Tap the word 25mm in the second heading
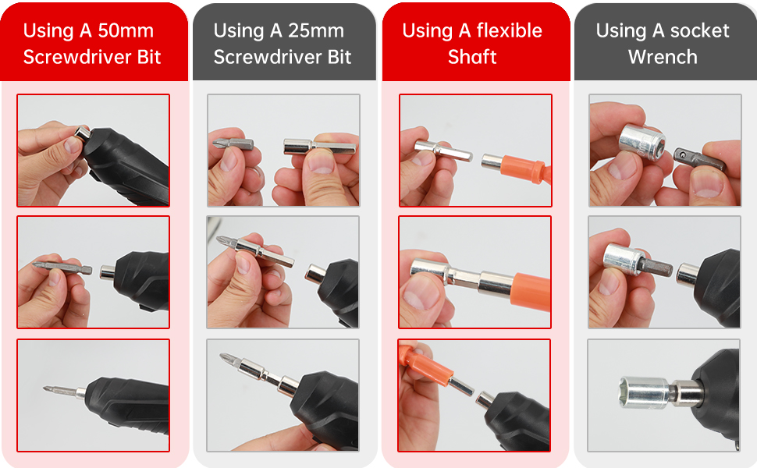coord(316,31)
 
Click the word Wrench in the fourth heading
coord(663,57)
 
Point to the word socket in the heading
coord(699,31)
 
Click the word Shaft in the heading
coord(472,57)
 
